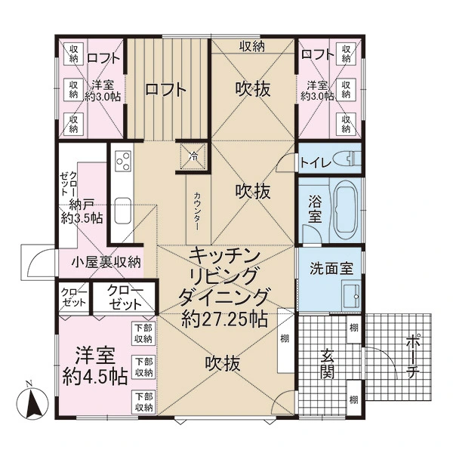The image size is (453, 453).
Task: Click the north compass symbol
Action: pyautogui.click(x=32, y=402)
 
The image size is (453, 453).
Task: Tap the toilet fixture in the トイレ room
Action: pyautogui.click(x=347, y=159)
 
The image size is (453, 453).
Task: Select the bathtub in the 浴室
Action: pyautogui.click(x=346, y=209)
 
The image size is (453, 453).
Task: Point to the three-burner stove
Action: pyautogui.click(x=123, y=161)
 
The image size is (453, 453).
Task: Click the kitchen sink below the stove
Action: pyautogui.click(x=123, y=211)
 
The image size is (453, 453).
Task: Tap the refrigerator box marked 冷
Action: pyautogui.click(x=193, y=156)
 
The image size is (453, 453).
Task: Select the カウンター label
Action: pyautogui.click(x=197, y=211)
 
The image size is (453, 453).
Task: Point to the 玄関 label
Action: pyautogui.click(x=328, y=364)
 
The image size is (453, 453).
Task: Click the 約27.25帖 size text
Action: pyautogui.click(x=224, y=319)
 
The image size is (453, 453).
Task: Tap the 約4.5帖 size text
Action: pyautogui.click(x=95, y=375)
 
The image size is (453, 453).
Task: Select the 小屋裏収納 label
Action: pyautogui.click(x=106, y=262)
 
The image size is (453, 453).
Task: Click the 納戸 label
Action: pyautogui.click(x=82, y=205)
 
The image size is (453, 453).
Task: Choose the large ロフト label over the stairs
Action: pyautogui.click(x=165, y=90)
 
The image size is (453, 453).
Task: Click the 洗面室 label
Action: pyautogui.click(x=331, y=268)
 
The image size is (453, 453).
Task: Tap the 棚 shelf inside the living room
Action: pyautogui.click(x=285, y=338)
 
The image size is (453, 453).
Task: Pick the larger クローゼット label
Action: pyautogui.click(x=125, y=297)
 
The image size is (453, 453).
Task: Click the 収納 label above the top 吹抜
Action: pyautogui.click(x=252, y=47)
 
